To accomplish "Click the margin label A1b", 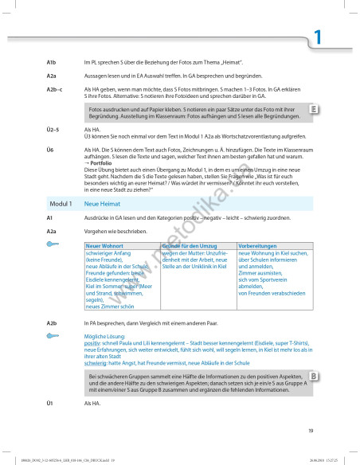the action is tap(52, 61).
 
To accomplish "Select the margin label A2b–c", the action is tap(55, 90).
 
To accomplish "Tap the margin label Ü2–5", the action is tap(53, 128).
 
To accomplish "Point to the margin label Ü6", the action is tap(50, 150).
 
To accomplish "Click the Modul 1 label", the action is tap(60, 205).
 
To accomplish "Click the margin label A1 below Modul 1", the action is tap(49, 217).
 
